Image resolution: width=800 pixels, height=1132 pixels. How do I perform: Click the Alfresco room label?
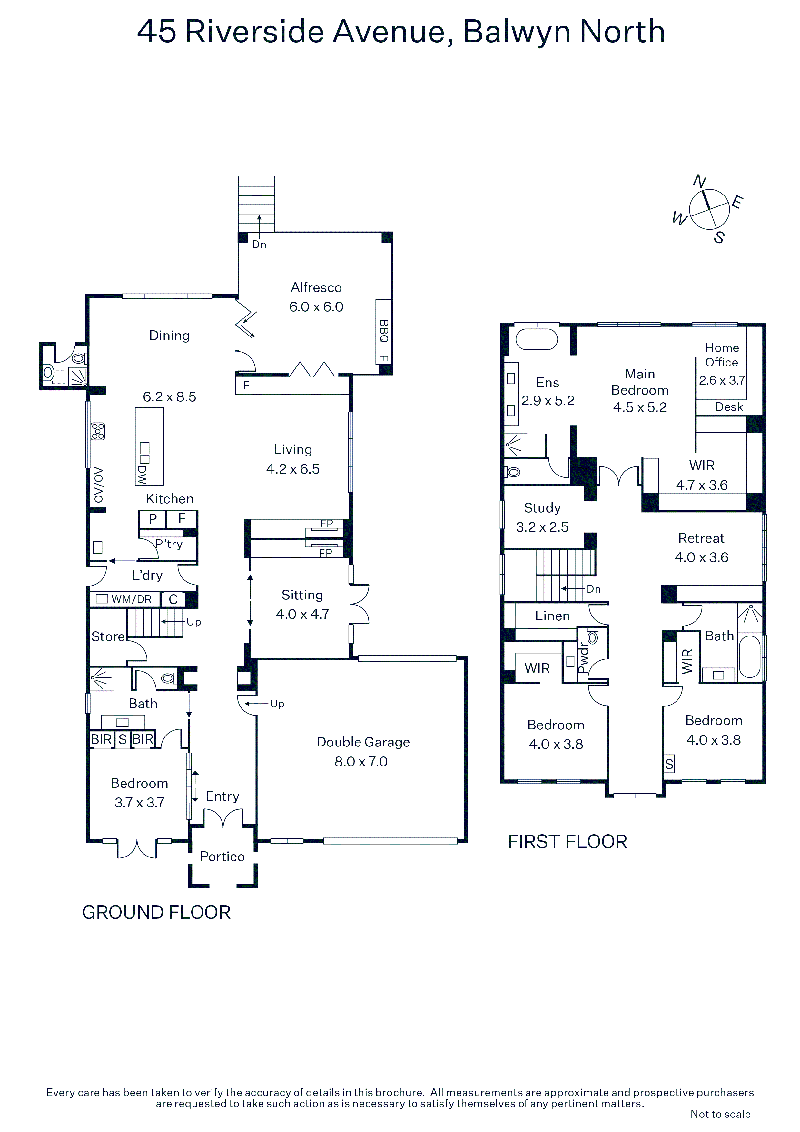(x=316, y=287)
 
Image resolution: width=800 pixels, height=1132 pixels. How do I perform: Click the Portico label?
(x=222, y=857)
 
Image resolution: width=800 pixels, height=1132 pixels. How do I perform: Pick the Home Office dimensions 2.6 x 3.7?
(x=722, y=380)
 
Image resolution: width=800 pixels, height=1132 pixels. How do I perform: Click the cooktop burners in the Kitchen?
(x=98, y=431)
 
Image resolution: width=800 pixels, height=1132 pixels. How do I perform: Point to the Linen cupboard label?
(x=553, y=616)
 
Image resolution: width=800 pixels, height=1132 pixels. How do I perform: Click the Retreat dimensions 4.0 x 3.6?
(x=701, y=558)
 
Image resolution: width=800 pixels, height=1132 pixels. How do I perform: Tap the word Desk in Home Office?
(x=729, y=407)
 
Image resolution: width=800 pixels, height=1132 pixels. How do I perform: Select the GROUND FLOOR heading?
(x=156, y=913)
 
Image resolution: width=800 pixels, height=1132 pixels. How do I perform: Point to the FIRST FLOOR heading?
(x=567, y=842)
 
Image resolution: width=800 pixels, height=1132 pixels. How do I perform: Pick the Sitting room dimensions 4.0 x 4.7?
(x=302, y=614)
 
